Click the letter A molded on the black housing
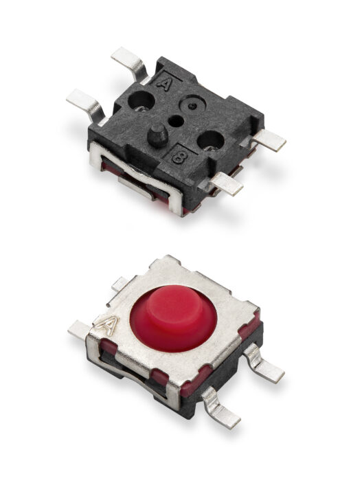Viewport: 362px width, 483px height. tap(163, 83)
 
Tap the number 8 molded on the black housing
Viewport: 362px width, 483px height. tap(178, 157)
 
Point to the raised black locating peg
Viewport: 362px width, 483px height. tap(157, 135)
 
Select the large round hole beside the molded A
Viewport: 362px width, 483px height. tap(142, 101)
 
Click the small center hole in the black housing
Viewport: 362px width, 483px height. tap(176, 121)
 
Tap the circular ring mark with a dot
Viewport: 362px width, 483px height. tap(192, 105)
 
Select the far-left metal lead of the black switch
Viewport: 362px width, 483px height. tap(87, 104)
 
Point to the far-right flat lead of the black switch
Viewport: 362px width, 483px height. tap(269, 140)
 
